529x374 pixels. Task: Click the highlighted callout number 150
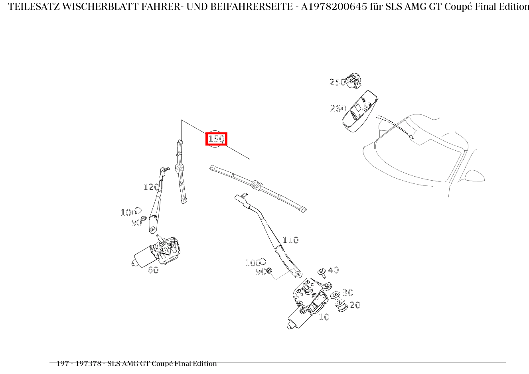click(216, 139)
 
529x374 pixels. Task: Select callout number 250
click(338, 82)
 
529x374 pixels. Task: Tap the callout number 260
click(338, 108)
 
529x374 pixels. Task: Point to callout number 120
click(151, 187)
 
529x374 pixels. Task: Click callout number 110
click(290, 240)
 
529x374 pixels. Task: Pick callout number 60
click(153, 270)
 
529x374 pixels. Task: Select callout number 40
click(334, 270)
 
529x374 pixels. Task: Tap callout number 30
click(348, 293)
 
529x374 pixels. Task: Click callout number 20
click(355, 305)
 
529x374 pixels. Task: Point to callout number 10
click(324, 317)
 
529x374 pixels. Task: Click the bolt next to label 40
click(322, 273)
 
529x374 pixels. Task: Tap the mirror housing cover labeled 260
click(359, 111)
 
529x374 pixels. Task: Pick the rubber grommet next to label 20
click(341, 306)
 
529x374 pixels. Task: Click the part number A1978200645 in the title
click(334, 7)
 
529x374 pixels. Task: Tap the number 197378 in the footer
click(88, 364)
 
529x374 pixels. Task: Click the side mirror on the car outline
click(474, 176)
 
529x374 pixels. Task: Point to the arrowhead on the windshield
click(411, 136)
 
